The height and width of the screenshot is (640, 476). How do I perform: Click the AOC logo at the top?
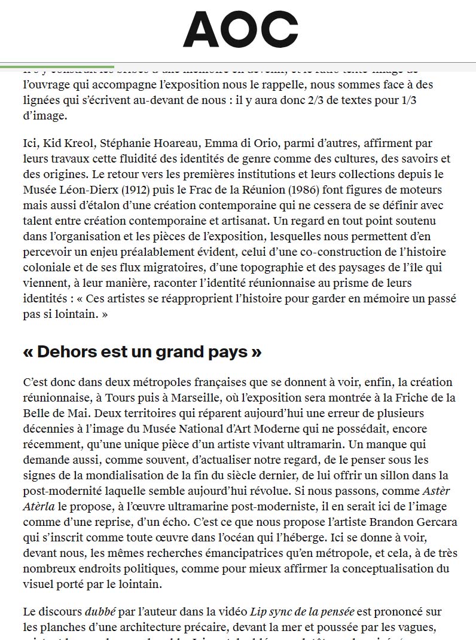point(240,29)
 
